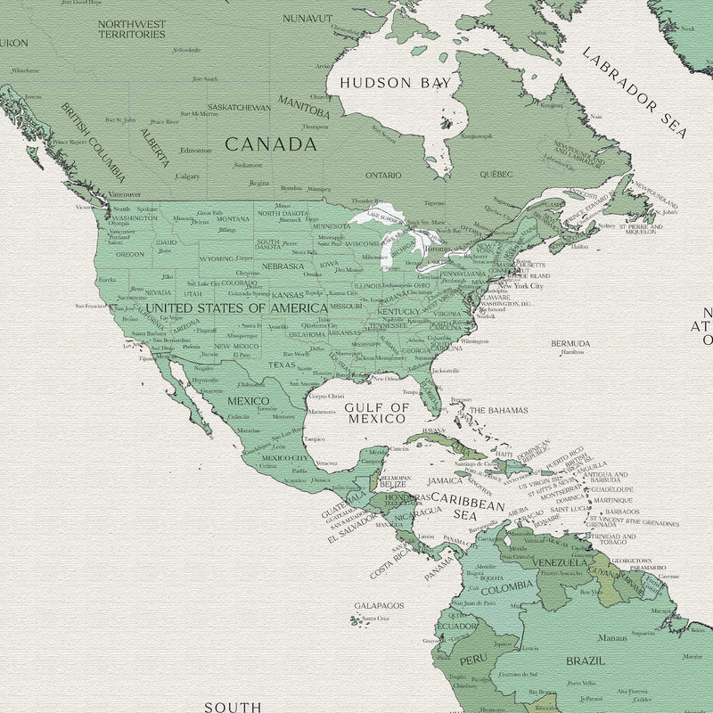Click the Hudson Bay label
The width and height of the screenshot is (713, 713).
coord(395,83)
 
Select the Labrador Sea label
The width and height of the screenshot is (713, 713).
coord(635,93)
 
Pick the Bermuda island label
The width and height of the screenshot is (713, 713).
coord(570,343)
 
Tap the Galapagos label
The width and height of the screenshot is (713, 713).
coord(379,605)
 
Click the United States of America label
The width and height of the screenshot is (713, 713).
coord(236,307)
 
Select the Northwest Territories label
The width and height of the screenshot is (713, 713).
coord(132,29)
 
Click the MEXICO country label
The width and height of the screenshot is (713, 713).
coord(248,401)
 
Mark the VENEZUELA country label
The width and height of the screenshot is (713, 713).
coord(560,562)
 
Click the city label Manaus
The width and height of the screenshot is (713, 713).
coord(612,638)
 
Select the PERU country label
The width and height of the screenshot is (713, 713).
coord(472,660)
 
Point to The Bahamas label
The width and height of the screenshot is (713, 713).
coord(498,411)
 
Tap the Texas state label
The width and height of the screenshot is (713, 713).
coord(281,365)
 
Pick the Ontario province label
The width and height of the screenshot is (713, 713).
coord(383,176)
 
